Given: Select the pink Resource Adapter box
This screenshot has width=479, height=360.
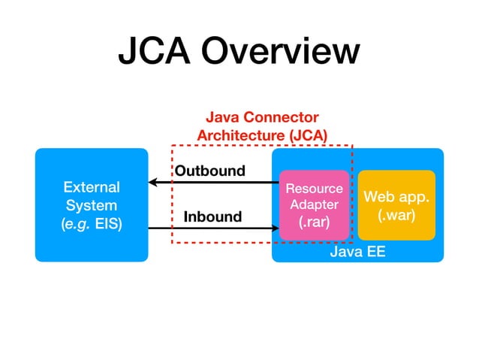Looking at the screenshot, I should pos(314,205).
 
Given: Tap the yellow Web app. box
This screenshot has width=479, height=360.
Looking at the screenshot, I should pos(396,205).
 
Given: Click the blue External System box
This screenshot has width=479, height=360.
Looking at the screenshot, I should pos(92,204).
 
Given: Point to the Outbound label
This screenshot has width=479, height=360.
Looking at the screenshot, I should pos(210,171).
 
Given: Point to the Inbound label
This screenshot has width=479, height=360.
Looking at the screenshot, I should pos(212,217).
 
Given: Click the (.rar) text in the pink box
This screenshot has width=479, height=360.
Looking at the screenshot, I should pos(314,222).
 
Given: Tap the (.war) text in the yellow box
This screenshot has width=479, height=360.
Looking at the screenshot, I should pos(396,214).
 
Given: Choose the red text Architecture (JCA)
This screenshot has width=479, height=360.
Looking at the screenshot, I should pos(262,135).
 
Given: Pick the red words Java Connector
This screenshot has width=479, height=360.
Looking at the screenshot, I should pos(262,118).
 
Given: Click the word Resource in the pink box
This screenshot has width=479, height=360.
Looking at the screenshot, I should pos(314,189).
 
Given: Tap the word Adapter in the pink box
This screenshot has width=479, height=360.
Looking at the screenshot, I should pos(314,205).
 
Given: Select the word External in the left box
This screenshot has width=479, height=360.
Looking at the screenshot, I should pos(91,186).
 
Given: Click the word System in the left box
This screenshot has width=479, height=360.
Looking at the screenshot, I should pos(91,204).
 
